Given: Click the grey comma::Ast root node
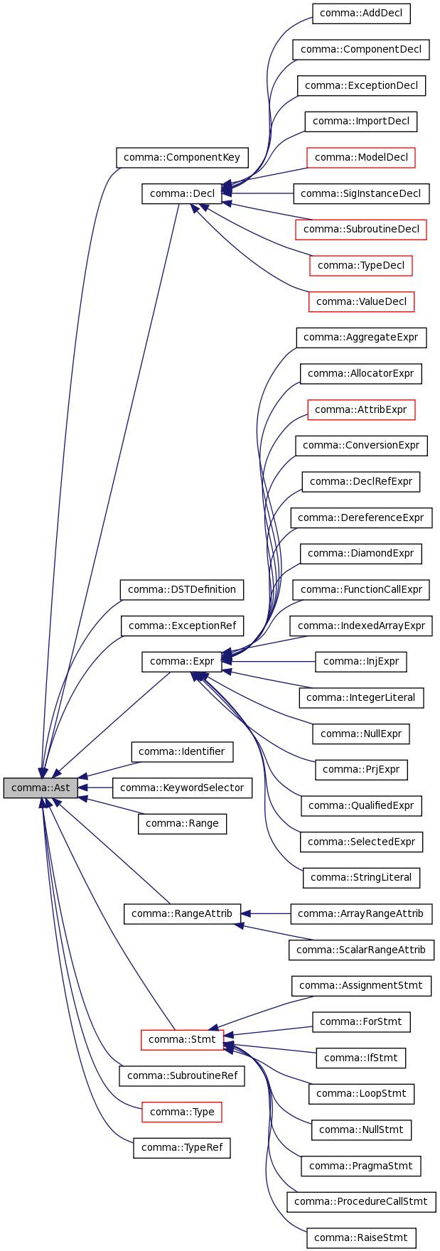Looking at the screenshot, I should tap(41, 788).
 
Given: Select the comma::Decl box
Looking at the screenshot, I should tap(183, 193).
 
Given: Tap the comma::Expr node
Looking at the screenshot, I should tap(182, 661).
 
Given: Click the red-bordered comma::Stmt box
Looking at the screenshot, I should tap(182, 1039).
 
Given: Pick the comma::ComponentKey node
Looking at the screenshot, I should tap(182, 157).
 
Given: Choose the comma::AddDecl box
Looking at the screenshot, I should tap(361, 14).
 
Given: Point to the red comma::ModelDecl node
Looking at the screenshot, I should tap(361, 157).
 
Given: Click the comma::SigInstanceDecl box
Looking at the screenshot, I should tap(361, 193).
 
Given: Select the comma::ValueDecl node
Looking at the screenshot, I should tap(361, 301).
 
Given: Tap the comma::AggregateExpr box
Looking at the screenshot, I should tap(361, 337).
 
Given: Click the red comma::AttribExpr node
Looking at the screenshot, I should tap(361, 409).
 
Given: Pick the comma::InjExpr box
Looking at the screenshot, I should tap(361, 661).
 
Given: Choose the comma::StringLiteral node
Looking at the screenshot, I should tap(361, 877).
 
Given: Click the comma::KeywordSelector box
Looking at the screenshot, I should tap(182, 788).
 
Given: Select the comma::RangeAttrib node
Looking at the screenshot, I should tap(182, 913).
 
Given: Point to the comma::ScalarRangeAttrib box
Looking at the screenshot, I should tap(361, 950).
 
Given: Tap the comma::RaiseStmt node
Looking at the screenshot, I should tap(361, 1237).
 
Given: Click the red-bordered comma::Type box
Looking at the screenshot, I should tap(182, 1112).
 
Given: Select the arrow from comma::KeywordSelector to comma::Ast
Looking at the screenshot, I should tap(96, 788).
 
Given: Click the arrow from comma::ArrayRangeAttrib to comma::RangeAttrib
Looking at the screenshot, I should tap(267, 913).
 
